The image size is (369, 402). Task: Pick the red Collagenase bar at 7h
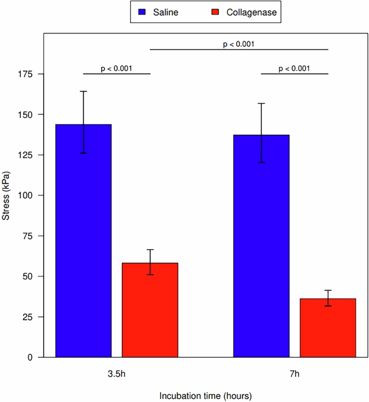click(328, 328)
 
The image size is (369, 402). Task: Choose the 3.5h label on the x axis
click(117, 373)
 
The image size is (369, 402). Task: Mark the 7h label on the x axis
click(295, 373)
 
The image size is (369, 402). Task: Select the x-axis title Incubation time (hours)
click(205, 395)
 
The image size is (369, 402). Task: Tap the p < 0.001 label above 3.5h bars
click(117, 68)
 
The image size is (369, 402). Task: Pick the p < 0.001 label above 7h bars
click(294, 68)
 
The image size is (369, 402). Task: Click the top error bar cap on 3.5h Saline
click(83, 91)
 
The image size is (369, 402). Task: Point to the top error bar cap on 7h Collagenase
click(328, 290)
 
